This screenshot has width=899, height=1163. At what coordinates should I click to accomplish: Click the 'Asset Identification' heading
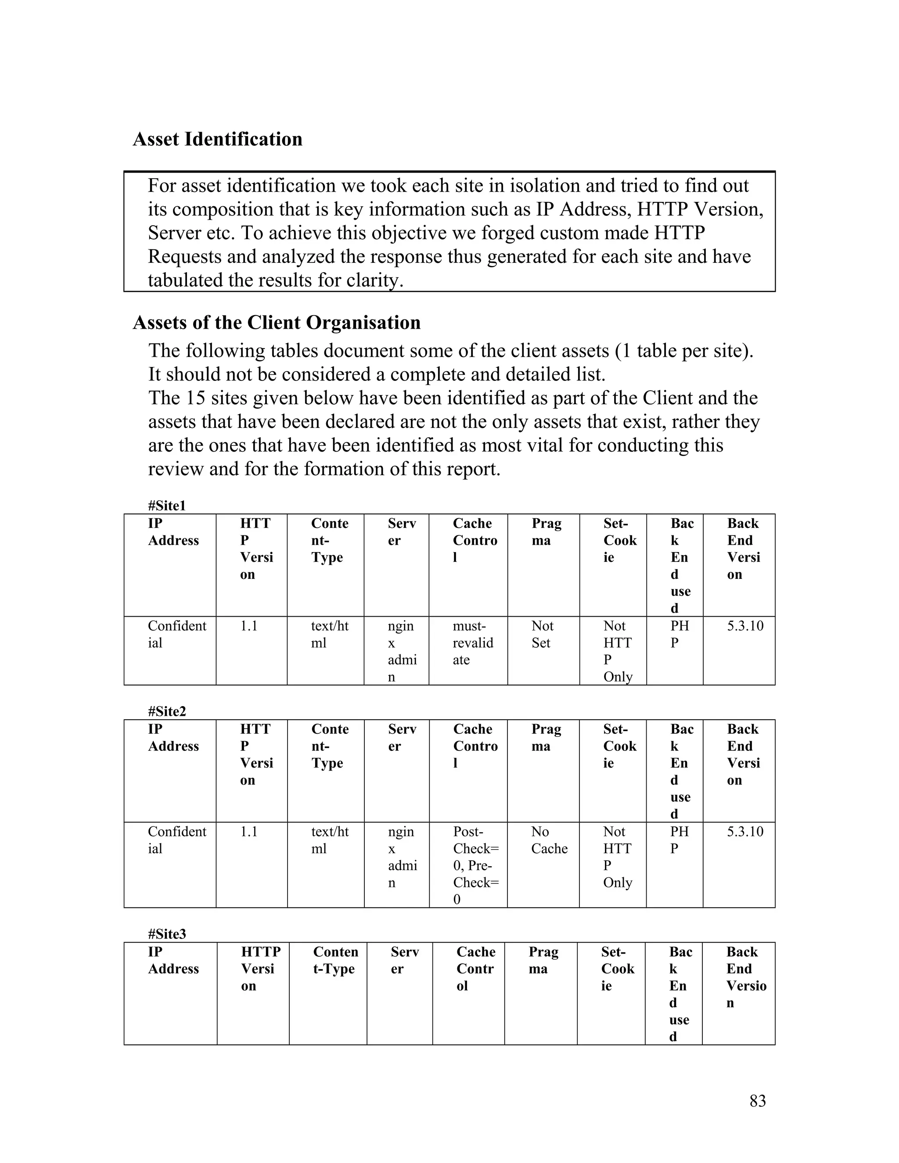click(x=217, y=140)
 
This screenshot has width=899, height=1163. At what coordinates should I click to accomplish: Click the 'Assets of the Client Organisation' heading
click(x=277, y=323)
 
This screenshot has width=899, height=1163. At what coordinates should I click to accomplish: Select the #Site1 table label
click(x=167, y=505)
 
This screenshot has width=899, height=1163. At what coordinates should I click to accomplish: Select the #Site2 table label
click(x=167, y=711)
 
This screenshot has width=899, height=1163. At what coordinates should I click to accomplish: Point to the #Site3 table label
click(x=167, y=934)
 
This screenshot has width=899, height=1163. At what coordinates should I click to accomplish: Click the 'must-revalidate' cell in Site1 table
click(x=472, y=643)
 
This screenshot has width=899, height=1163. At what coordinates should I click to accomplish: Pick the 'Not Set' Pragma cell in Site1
click(x=542, y=634)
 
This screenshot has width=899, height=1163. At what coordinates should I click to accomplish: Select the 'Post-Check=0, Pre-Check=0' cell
click(x=475, y=865)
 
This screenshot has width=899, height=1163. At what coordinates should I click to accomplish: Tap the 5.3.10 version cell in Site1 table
click(x=745, y=626)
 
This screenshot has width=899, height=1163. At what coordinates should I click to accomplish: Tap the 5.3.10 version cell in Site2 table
click(x=745, y=831)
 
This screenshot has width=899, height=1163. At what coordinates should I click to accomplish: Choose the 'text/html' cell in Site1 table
click(x=329, y=634)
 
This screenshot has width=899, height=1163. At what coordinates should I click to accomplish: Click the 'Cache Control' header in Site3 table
click(x=475, y=969)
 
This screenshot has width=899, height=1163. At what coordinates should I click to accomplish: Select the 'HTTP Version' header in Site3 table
click(x=260, y=969)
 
